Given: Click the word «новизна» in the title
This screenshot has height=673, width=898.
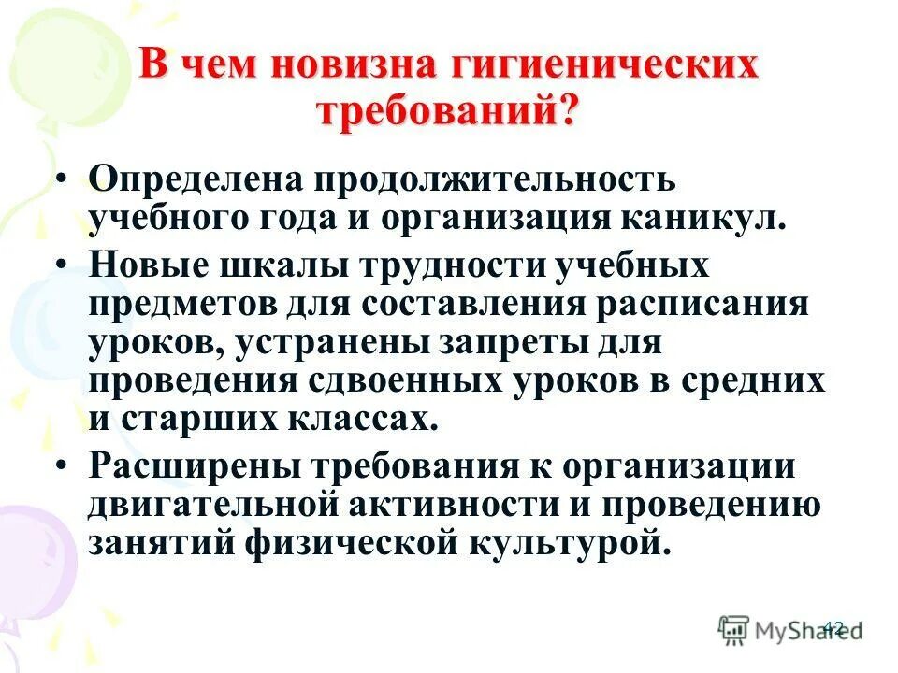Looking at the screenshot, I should point(355,67).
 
